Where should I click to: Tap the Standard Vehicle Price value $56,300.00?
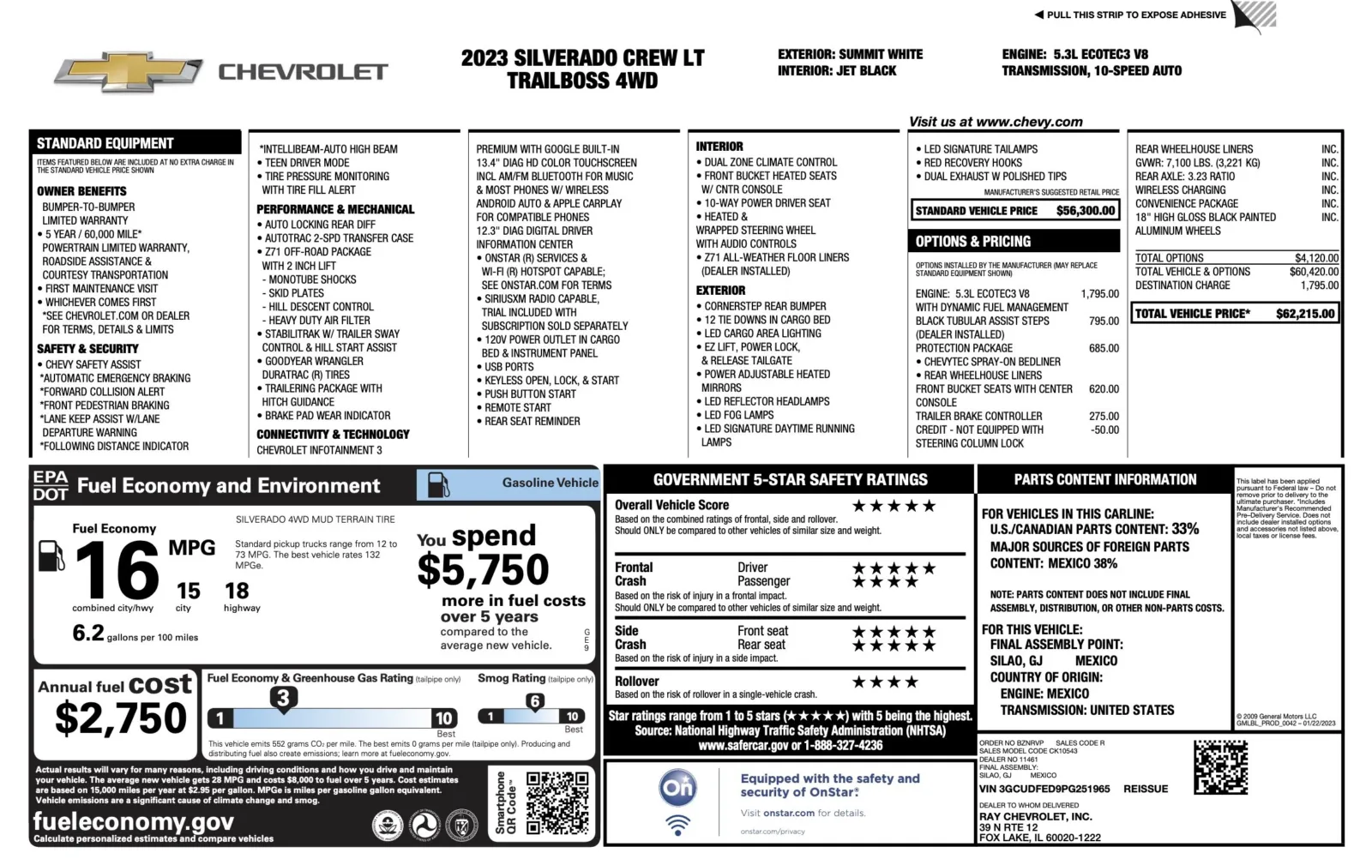pos(1086,211)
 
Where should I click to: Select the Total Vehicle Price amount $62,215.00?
pos(1305,314)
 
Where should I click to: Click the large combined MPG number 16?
pos(117,571)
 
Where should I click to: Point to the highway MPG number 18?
pos(237,591)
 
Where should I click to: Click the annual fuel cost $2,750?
pos(121,718)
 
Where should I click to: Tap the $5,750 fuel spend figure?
pos(483,570)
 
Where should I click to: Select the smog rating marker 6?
pos(535,701)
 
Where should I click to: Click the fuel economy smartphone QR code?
pos(557,803)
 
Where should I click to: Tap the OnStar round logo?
pos(677,788)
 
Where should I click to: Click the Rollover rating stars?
pos(885,682)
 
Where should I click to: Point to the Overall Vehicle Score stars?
pos(894,506)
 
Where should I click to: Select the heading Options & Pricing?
pos(973,242)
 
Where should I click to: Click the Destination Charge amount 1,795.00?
pos(1319,285)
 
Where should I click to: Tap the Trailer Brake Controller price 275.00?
pos(1104,417)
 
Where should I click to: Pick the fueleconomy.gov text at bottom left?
pos(133,821)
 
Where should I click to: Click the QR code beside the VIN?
pos(1220,767)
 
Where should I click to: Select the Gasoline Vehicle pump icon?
pos(438,485)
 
